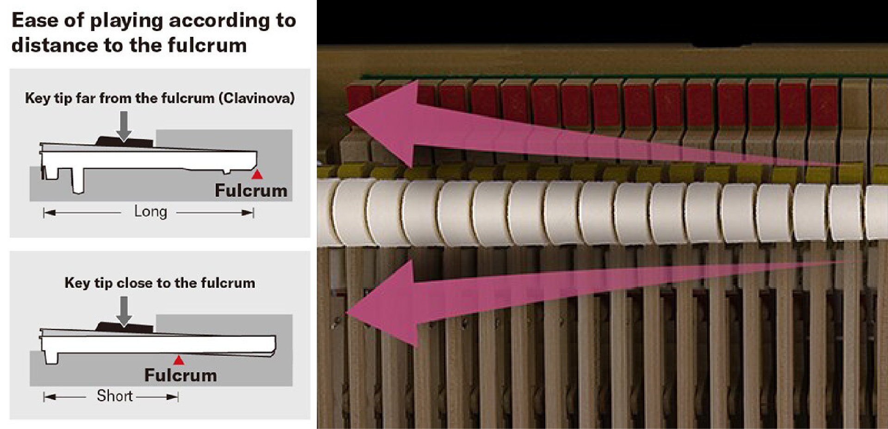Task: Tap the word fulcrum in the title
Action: click(x=207, y=45)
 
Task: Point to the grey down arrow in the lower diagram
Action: click(x=123, y=311)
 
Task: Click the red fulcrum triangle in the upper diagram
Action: click(x=257, y=174)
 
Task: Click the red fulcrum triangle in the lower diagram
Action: click(x=179, y=360)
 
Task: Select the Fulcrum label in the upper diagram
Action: click(x=251, y=190)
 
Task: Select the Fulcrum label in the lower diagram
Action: click(x=181, y=375)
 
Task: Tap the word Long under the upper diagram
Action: click(x=150, y=212)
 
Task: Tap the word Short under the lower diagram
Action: click(x=115, y=396)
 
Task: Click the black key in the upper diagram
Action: click(x=124, y=141)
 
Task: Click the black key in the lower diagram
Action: click(x=124, y=327)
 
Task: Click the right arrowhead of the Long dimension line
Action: click(x=248, y=213)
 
